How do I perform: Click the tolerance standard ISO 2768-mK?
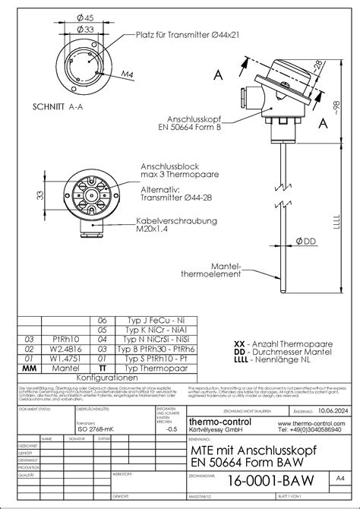(x=96, y=428)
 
